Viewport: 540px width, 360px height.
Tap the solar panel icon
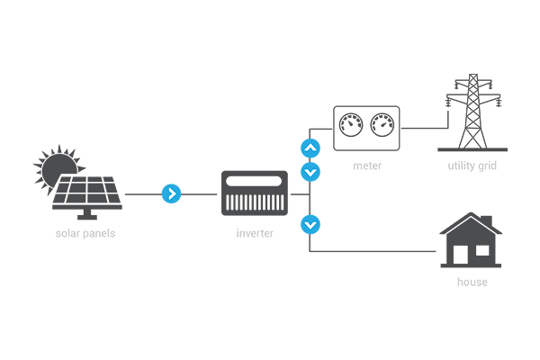(87, 192)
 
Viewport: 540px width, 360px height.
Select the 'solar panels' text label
(85, 233)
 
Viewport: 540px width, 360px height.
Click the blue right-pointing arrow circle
(171, 193)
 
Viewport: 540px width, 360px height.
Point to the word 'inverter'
(254, 233)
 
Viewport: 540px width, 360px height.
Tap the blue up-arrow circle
(310, 148)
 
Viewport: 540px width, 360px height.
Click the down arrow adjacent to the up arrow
(310, 170)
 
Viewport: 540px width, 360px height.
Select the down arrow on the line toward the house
(310, 222)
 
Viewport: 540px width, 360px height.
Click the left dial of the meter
(350, 123)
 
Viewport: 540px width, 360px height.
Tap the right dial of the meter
(382, 123)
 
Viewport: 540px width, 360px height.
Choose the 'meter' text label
(367, 166)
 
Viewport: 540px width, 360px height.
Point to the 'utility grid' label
(472, 166)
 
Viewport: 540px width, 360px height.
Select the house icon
(470, 241)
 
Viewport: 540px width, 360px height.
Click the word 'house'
(472, 282)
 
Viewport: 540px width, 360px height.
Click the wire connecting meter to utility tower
(423, 129)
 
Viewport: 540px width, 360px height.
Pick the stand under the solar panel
(87, 215)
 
